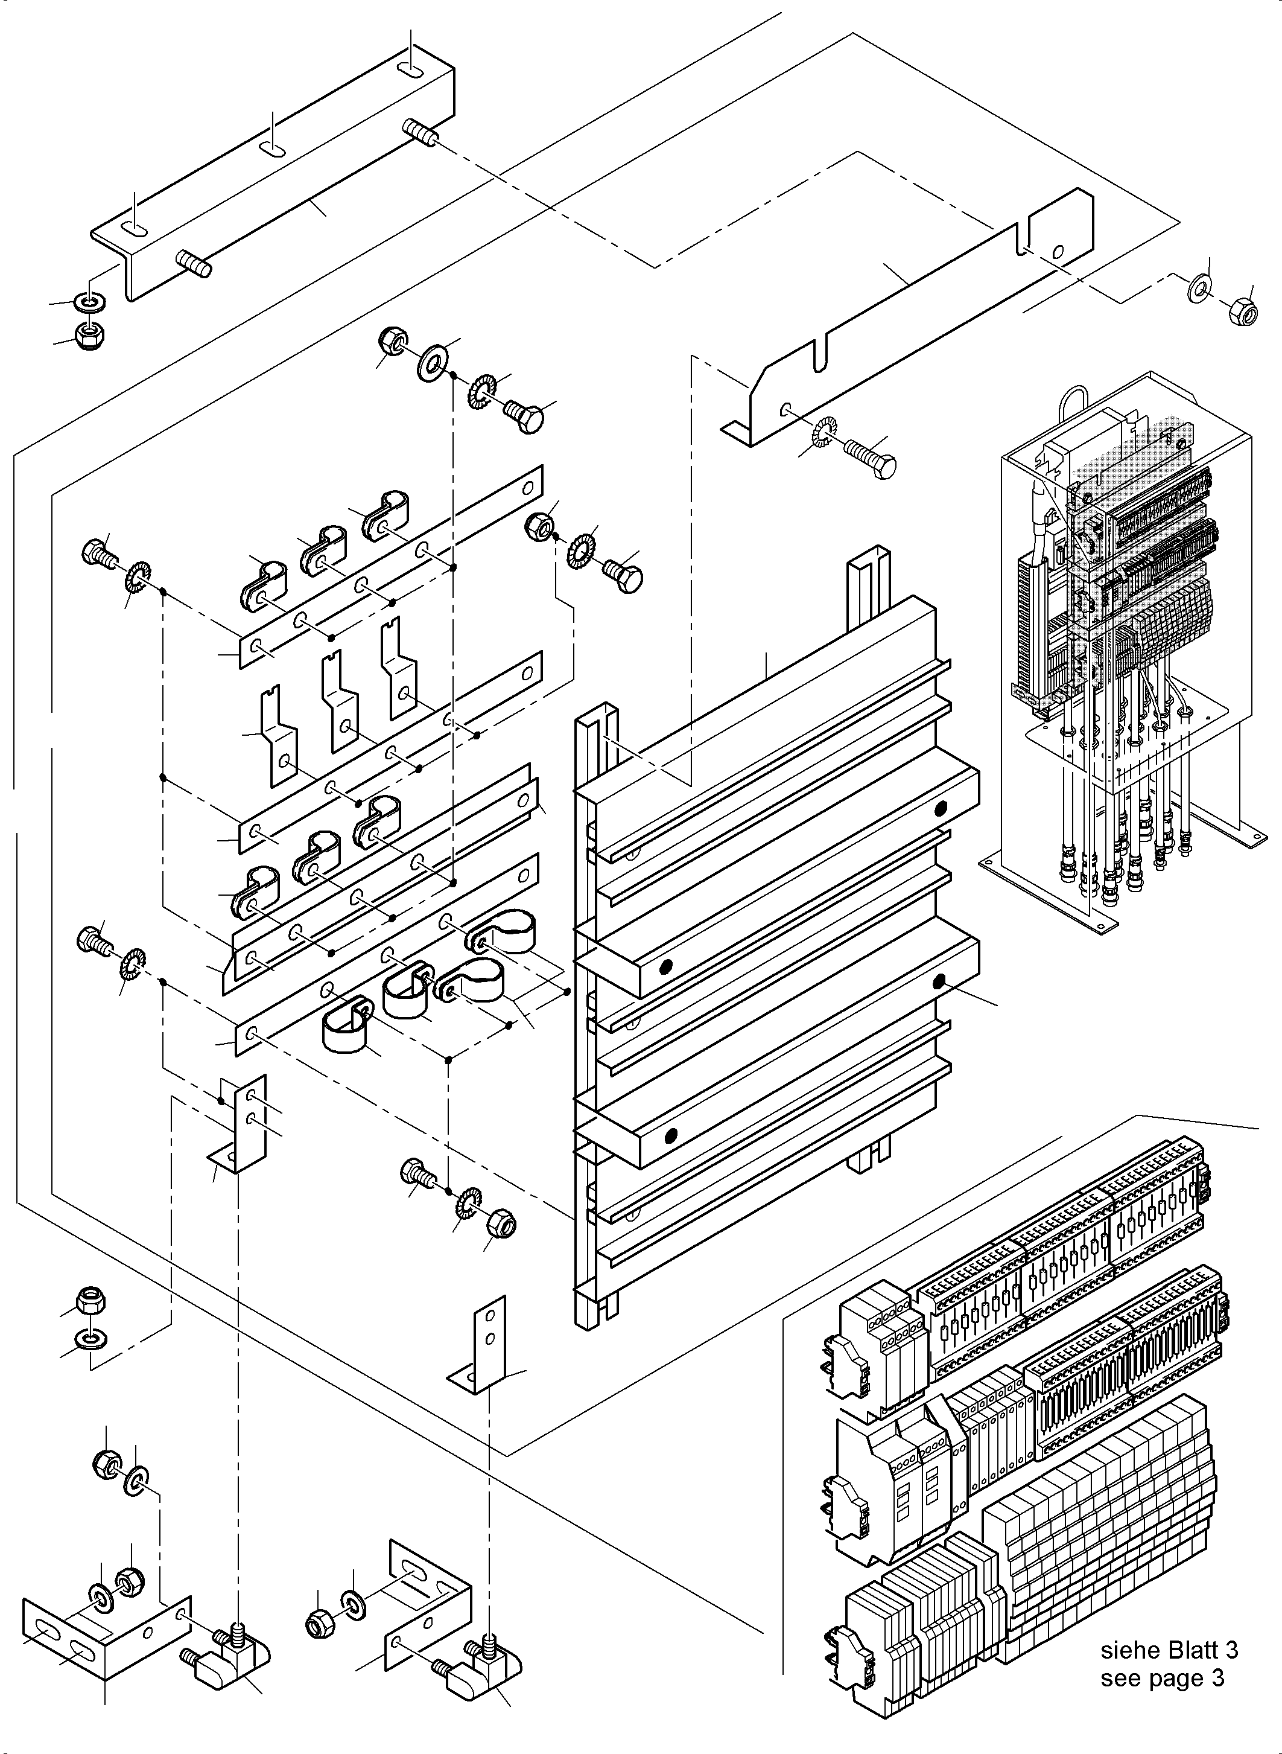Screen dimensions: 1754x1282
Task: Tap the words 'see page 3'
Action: point(1162,1678)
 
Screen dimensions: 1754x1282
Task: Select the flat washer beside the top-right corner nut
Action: point(1200,288)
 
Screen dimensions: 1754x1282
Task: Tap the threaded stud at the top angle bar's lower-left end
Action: point(195,263)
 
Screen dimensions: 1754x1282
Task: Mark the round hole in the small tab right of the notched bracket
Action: point(1059,251)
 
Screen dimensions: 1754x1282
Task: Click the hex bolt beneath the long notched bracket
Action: point(870,459)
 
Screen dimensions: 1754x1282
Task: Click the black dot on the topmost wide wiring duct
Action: point(941,809)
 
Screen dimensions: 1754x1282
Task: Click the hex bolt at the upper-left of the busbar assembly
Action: point(97,553)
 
